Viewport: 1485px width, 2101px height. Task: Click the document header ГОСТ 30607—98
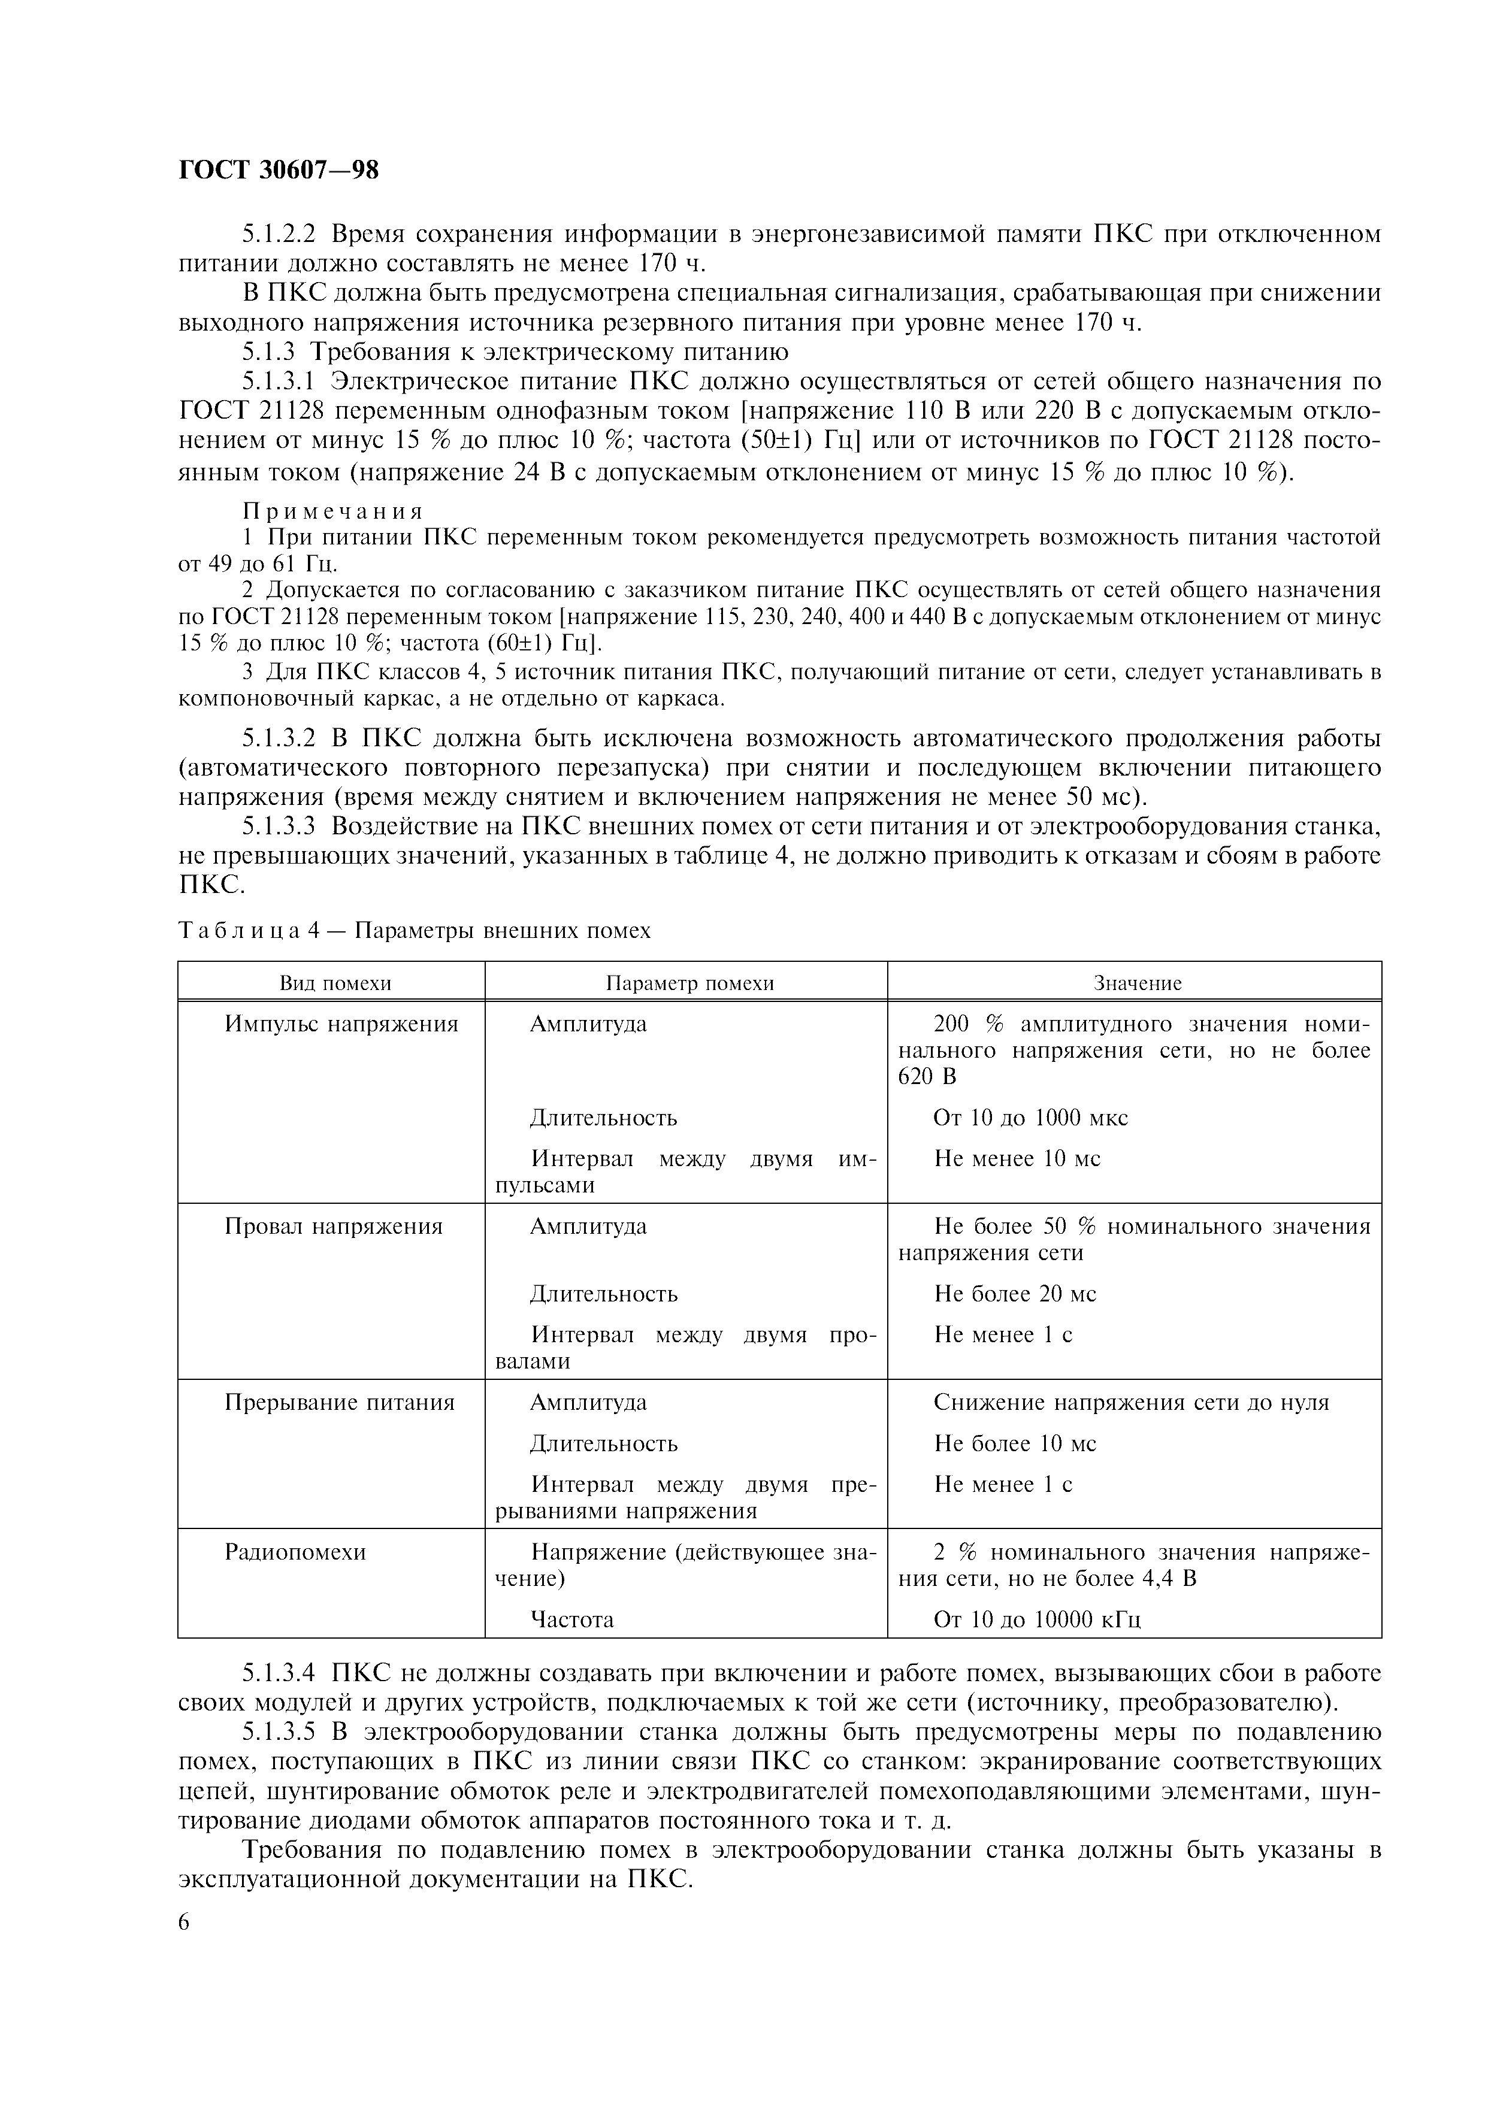(x=278, y=170)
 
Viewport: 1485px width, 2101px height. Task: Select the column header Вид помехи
(x=335, y=983)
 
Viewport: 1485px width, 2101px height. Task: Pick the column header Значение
(x=1138, y=983)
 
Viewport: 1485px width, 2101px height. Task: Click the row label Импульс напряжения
(x=341, y=1024)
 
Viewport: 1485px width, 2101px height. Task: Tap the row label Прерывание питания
(x=340, y=1403)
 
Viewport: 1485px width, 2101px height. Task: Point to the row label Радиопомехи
(x=295, y=1552)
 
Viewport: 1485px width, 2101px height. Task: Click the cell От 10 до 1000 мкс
(x=1030, y=1118)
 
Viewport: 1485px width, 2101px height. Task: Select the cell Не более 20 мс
(x=1015, y=1294)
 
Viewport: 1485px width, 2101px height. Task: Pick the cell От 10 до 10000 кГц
(x=1037, y=1619)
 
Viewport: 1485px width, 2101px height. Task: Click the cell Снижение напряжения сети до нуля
(x=1131, y=1403)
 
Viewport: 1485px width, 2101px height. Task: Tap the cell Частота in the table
(x=572, y=1619)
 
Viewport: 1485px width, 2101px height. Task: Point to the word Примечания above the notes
(x=333, y=511)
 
